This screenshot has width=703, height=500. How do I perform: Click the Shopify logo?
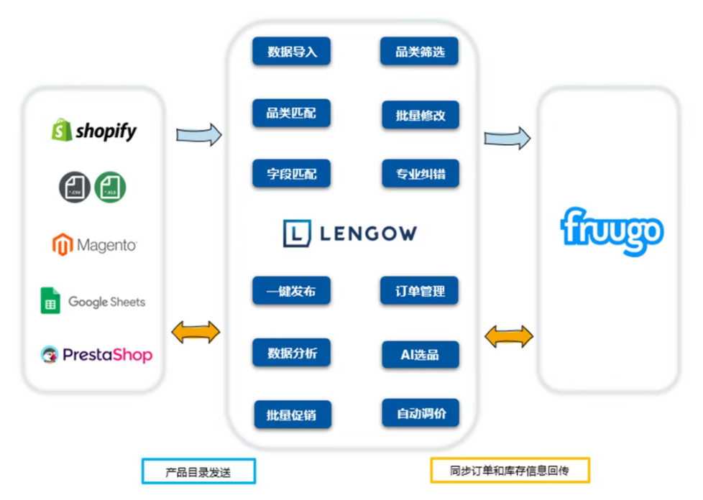[x=93, y=130]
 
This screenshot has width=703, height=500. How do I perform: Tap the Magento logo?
[x=94, y=245]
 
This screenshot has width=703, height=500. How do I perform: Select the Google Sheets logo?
[x=93, y=301]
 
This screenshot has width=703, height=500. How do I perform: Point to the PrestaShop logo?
[x=96, y=354]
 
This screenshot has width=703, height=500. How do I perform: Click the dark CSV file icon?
[x=74, y=187]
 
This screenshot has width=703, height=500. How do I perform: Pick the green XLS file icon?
[x=110, y=187]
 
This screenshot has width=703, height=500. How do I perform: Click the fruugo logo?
[x=612, y=231]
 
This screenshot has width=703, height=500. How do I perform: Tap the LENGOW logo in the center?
[x=349, y=233]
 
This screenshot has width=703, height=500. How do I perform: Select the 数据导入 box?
[x=291, y=52]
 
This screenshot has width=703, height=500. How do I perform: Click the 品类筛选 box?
[x=420, y=52]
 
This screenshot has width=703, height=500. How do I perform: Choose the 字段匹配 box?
[x=291, y=174]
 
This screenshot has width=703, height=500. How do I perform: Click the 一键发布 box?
[x=291, y=291]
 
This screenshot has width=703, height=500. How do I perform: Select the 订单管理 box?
[x=420, y=291]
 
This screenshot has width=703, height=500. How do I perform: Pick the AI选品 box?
[x=420, y=354]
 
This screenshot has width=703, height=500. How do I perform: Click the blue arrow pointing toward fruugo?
[x=507, y=138]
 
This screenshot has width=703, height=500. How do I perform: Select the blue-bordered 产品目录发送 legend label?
[x=199, y=471]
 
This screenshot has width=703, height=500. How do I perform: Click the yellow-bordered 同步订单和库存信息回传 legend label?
[x=510, y=471]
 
